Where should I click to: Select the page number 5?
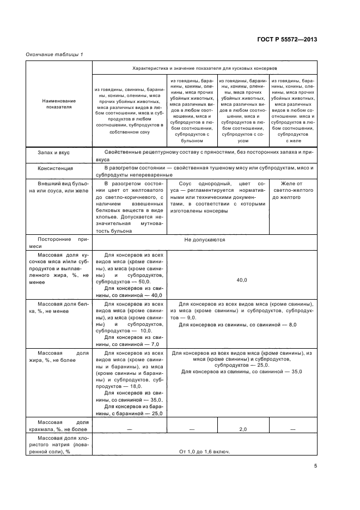315,466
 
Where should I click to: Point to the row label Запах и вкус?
53,153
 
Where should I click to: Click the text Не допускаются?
204,239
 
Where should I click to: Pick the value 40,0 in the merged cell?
242,280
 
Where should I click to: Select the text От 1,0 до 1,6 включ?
204,452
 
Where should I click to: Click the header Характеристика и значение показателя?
204,69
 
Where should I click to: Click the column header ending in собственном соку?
129,111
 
